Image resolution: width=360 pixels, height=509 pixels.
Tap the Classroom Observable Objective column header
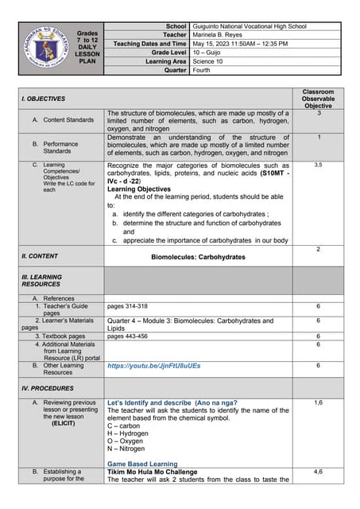(318, 99)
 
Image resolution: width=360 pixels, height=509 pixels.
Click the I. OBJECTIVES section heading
(44, 99)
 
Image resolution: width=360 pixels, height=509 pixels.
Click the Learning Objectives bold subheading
(137, 189)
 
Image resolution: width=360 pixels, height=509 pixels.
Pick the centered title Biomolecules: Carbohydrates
(198, 258)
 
